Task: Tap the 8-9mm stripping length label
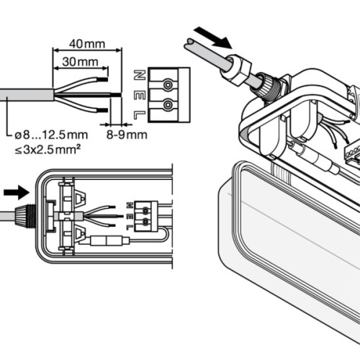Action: (x=128, y=133)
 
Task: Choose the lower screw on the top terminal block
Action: (x=168, y=105)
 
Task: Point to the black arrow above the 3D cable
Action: (x=213, y=35)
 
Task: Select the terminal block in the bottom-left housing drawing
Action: (x=147, y=213)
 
